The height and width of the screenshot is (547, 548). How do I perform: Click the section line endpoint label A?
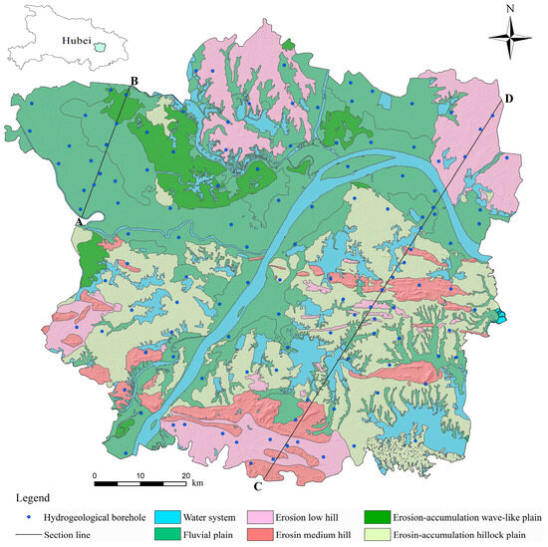coord(79,222)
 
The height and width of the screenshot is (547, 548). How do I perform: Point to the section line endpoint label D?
coord(509,99)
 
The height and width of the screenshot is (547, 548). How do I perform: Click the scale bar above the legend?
coord(140,483)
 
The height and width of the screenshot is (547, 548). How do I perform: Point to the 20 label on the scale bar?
coord(186,474)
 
